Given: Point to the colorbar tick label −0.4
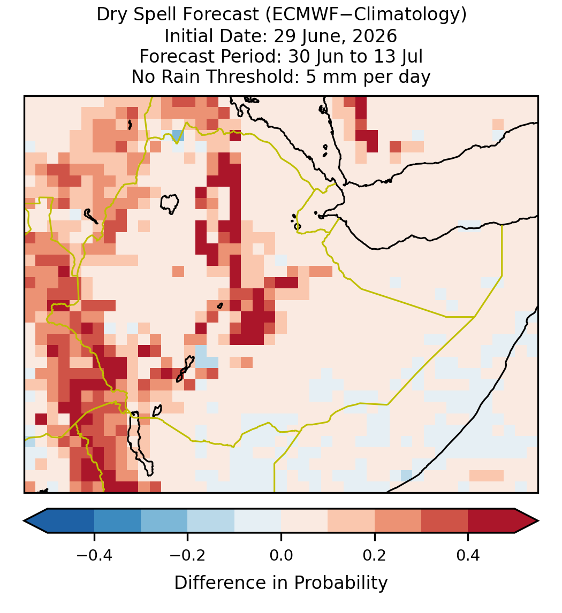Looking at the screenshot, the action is [94, 555].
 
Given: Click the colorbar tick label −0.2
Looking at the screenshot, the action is [188, 555].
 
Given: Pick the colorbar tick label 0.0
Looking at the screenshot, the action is [281, 555].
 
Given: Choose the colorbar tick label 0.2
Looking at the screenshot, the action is [375, 555].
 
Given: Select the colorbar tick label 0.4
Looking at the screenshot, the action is [468, 555].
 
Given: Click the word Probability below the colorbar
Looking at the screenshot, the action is [340, 583].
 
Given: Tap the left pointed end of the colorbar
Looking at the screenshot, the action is [24, 521].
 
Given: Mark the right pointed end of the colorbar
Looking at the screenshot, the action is [538, 521].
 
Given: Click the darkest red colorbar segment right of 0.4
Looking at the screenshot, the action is [491, 521].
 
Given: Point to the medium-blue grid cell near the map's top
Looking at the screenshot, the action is [178, 136].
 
